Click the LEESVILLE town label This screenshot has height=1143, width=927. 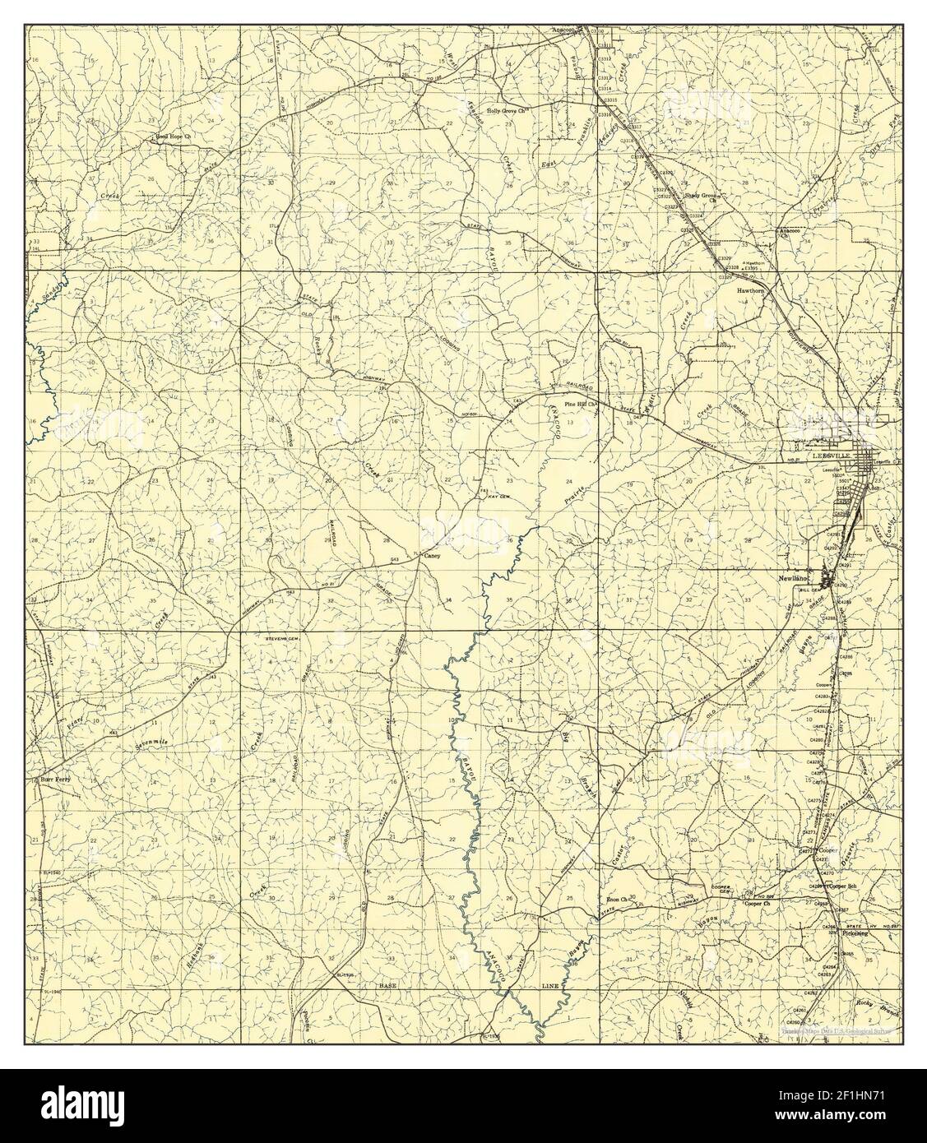point(829,454)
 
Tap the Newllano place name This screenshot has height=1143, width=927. point(795,577)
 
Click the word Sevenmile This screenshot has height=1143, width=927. point(151,744)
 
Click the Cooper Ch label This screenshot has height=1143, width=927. point(755,903)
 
